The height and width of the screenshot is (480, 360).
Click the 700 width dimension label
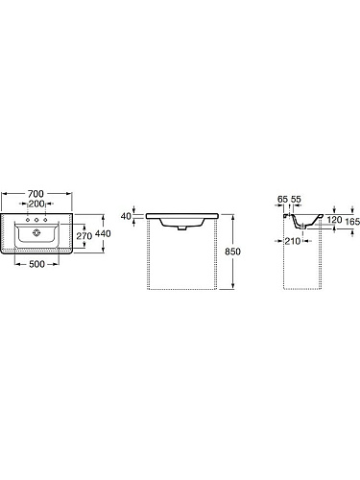pyautogui.click(x=36, y=194)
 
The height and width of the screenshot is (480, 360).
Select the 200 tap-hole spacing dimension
pyautogui.click(x=36, y=204)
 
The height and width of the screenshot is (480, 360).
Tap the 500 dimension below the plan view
pyautogui.click(x=36, y=264)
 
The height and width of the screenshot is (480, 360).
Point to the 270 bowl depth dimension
pyautogui.click(x=84, y=236)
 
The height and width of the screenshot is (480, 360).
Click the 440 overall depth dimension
pyautogui.click(x=103, y=233)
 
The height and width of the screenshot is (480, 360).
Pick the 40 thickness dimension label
pyautogui.click(x=126, y=216)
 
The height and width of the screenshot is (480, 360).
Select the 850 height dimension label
pyautogui.click(x=232, y=252)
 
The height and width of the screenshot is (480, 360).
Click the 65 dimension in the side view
pyautogui.click(x=282, y=200)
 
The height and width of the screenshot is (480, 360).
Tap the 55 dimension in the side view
pyautogui.click(x=297, y=200)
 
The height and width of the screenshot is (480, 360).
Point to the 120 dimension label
pyautogui.click(x=334, y=220)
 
